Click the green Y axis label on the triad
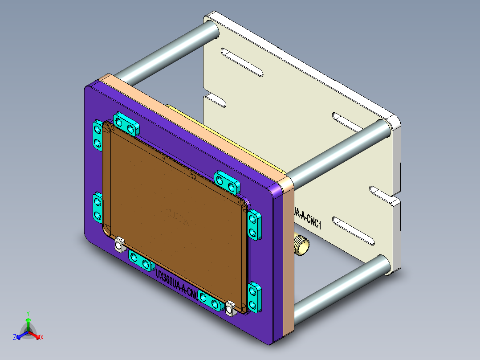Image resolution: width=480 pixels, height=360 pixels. (28, 313)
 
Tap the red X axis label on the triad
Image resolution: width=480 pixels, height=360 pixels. (42, 337)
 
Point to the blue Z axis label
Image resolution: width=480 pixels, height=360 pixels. (15, 337)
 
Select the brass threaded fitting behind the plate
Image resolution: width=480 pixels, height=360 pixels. (301, 246)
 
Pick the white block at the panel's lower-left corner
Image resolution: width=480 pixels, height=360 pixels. (119, 245)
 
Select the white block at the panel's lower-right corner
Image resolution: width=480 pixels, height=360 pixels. (230, 308)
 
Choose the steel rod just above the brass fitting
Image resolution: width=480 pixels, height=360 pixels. (338, 151)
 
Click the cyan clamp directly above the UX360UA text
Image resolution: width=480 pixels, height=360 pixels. (140, 260)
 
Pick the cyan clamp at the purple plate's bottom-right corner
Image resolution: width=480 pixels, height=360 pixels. (253, 298)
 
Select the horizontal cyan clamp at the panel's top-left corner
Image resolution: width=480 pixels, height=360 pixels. (126, 124)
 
